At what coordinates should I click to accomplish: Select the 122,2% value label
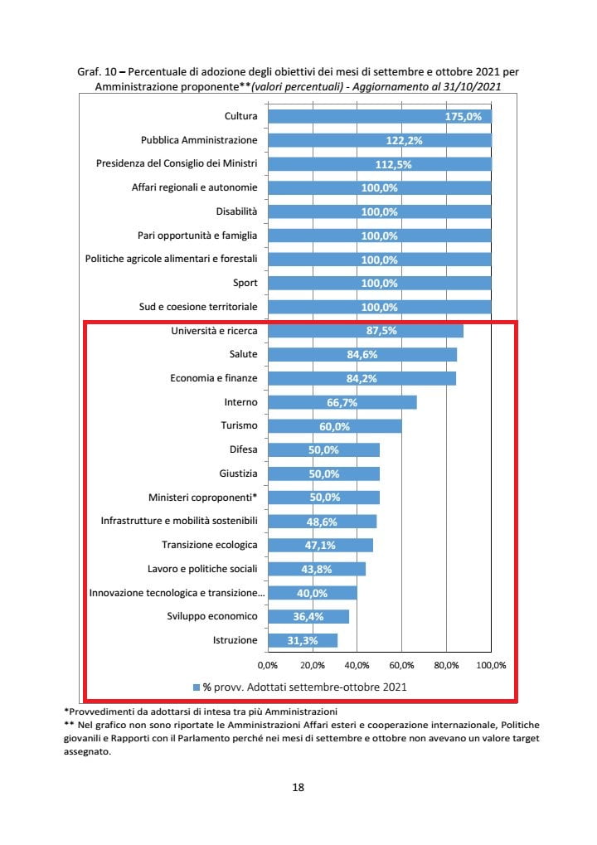point(405,141)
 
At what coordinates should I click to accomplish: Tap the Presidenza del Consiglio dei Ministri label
point(177,163)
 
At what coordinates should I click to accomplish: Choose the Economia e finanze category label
point(214,378)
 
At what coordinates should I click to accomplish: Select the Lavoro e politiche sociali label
point(202,569)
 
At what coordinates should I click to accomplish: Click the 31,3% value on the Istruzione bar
point(304,641)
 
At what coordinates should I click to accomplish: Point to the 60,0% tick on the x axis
point(401,665)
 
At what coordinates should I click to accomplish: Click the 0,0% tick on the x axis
point(267,665)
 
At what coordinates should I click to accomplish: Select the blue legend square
point(197,687)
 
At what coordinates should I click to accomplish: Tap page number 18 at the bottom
point(298,788)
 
